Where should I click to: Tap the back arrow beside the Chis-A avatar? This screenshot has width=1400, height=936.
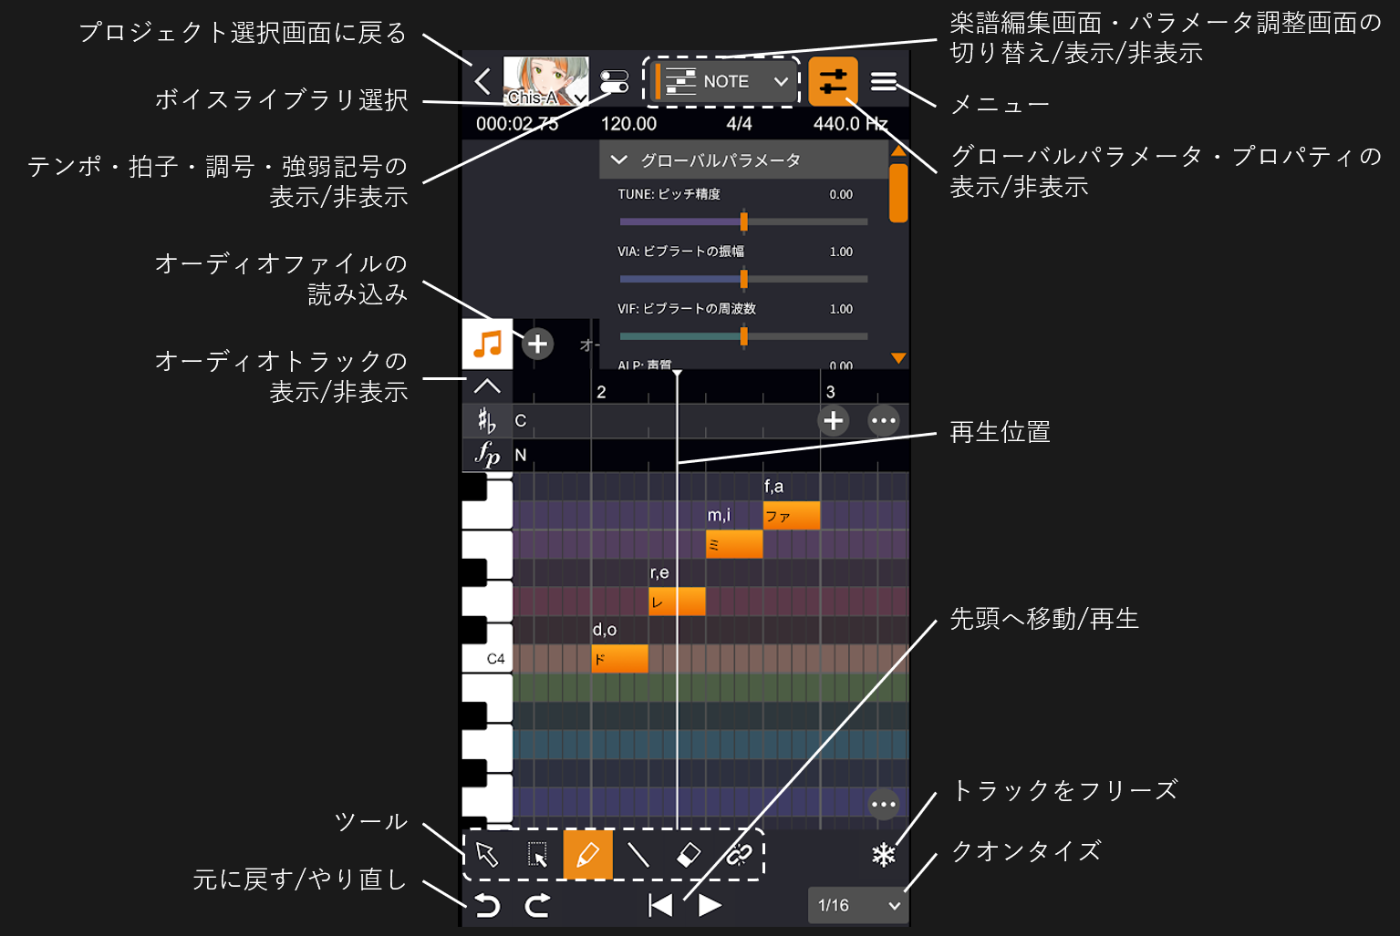(x=482, y=81)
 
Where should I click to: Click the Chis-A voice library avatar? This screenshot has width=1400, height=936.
(x=544, y=81)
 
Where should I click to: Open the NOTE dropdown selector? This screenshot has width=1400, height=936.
(x=726, y=81)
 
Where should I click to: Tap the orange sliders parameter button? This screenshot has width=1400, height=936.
(x=833, y=81)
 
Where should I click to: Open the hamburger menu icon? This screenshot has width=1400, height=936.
(x=883, y=81)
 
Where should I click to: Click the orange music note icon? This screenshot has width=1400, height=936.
(x=487, y=344)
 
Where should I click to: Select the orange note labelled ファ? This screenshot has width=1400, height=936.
(x=791, y=516)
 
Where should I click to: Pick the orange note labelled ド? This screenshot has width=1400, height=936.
(x=619, y=658)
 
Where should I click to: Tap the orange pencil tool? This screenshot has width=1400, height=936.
(x=587, y=855)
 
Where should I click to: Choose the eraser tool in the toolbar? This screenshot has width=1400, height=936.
(x=689, y=855)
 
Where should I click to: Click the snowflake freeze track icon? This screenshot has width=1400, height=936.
(x=883, y=855)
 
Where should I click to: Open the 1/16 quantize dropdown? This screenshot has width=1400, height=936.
(x=858, y=905)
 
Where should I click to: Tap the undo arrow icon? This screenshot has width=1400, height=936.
(x=488, y=905)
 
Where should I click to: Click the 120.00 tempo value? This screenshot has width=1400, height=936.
(x=628, y=124)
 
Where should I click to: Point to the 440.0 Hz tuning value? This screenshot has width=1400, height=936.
(x=850, y=124)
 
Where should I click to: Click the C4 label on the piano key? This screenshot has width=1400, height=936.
(x=495, y=659)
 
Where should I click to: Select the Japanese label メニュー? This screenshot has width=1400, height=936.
(x=1000, y=105)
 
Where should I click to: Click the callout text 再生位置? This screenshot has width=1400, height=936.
(x=1000, y=431)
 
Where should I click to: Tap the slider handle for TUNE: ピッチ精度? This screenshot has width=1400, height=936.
(x=743, y=221)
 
